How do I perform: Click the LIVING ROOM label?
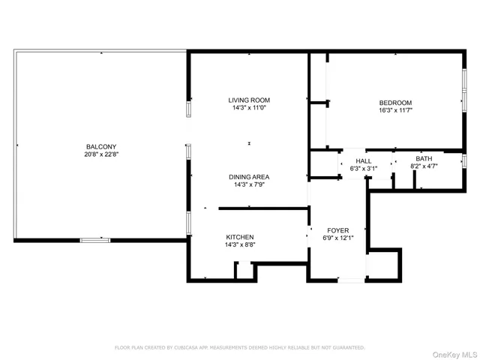[x=249, y=100]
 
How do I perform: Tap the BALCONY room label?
[x=100, y=146]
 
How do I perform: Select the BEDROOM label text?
[x=395, y=103]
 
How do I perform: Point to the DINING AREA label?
[x=249, y=177]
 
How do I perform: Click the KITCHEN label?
[x=239, y=237]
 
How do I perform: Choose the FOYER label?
[x=337, y=230]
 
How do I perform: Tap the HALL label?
[x=363, y=160]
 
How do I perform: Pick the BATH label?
[x=424, y=158]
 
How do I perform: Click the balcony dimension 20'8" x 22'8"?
[x=101, y=154]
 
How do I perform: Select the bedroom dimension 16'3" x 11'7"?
[x=395, y=110]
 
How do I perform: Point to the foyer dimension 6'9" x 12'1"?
[x=337, y=238]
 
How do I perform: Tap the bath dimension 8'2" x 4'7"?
[x=424, y=166]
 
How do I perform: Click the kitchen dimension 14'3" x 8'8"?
[x=239, y=244]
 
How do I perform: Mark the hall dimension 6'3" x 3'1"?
[x=363, y=168]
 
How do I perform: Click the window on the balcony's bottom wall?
[x=95, y=240]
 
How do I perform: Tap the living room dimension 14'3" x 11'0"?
[x=249, y=107]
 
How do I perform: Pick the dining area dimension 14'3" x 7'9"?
[x=249, y=184]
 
